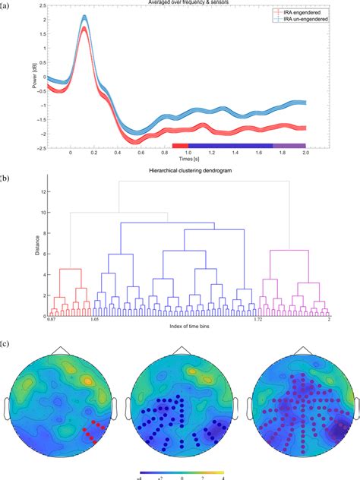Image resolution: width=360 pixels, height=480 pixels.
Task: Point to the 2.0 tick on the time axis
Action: [305, 153]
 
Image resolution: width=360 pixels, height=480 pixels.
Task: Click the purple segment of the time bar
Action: [289, 144]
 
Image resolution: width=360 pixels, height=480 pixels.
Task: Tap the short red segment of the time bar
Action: [180, 144]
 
